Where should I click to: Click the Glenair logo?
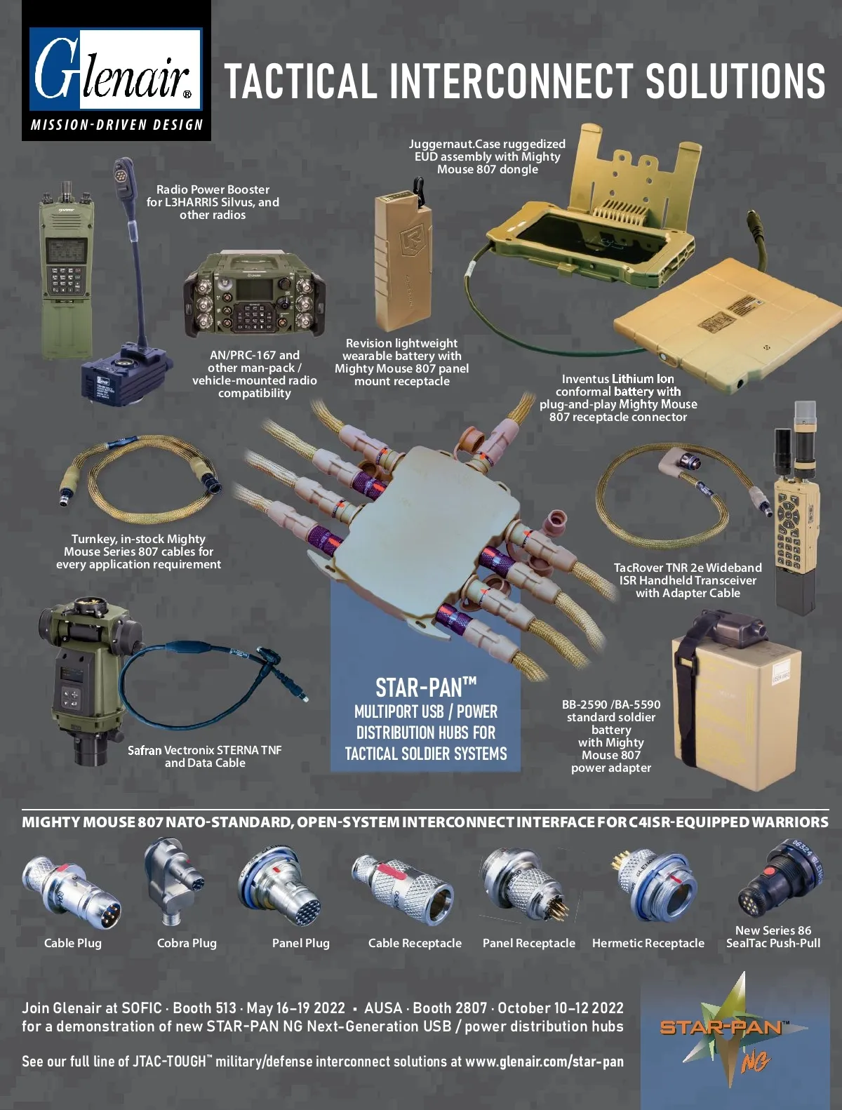pos(116,69)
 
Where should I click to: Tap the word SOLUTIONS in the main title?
pos(735,81)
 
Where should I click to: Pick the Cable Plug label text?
pos(73,943)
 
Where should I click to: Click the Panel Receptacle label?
pos(529,943)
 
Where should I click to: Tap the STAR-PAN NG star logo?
pos(734,1031)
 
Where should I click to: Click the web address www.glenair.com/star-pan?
pos(544,1061)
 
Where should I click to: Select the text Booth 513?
pos(204,1008)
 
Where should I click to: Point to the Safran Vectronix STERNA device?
pos(89,680)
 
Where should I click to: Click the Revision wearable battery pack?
pos(403,258)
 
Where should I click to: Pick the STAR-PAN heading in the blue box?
pos(426,688)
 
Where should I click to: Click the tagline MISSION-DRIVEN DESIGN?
pos(116,125)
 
